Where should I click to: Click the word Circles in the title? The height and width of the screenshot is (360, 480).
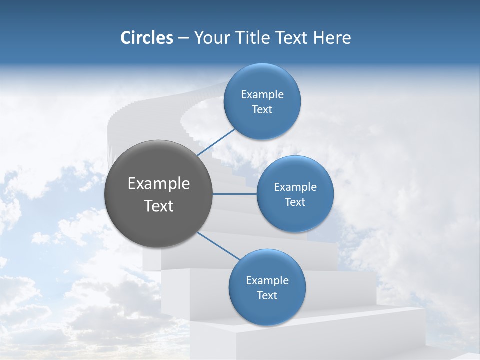pyautogui.click(x=146, y=38)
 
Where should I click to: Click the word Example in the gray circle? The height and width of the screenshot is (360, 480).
pyautogui.click(x=159, y=184)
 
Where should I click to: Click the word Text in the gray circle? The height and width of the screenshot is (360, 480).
pyautogui.click(x=159, y=206)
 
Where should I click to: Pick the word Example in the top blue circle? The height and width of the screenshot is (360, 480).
pyautogui.click(x=262, y=95)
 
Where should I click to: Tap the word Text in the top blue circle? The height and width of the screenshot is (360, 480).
pyautogui.click(x=262, y=110)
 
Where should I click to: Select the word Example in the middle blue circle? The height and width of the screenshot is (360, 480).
pyautogui.click(x=295, y=187)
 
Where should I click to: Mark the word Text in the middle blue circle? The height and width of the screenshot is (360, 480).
pyautogui.click(x=295, y=202)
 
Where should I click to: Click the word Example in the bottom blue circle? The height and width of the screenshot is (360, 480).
pyautogui.click(x=267, y=281)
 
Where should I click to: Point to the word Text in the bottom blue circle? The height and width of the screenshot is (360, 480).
pyautogui.click(x=267, y=296)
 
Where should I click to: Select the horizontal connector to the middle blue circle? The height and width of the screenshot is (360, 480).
pyautogui.click(x=235, y=194)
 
